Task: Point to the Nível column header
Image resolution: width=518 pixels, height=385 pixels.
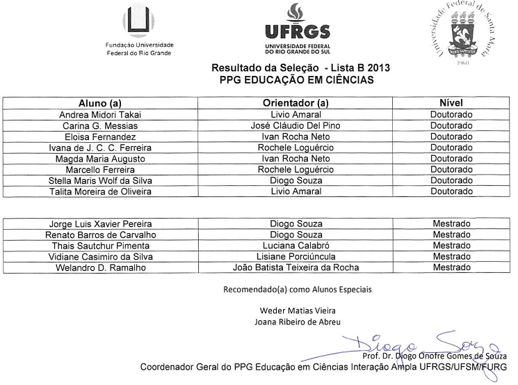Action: point(451,103)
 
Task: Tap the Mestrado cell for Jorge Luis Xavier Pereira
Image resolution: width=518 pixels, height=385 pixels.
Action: point(451,224)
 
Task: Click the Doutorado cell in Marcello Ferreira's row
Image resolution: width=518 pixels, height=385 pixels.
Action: point(451,169)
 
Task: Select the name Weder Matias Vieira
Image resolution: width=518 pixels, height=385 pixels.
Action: point(298,310)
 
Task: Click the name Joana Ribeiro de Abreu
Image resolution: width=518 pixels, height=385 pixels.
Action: point(298,321)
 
